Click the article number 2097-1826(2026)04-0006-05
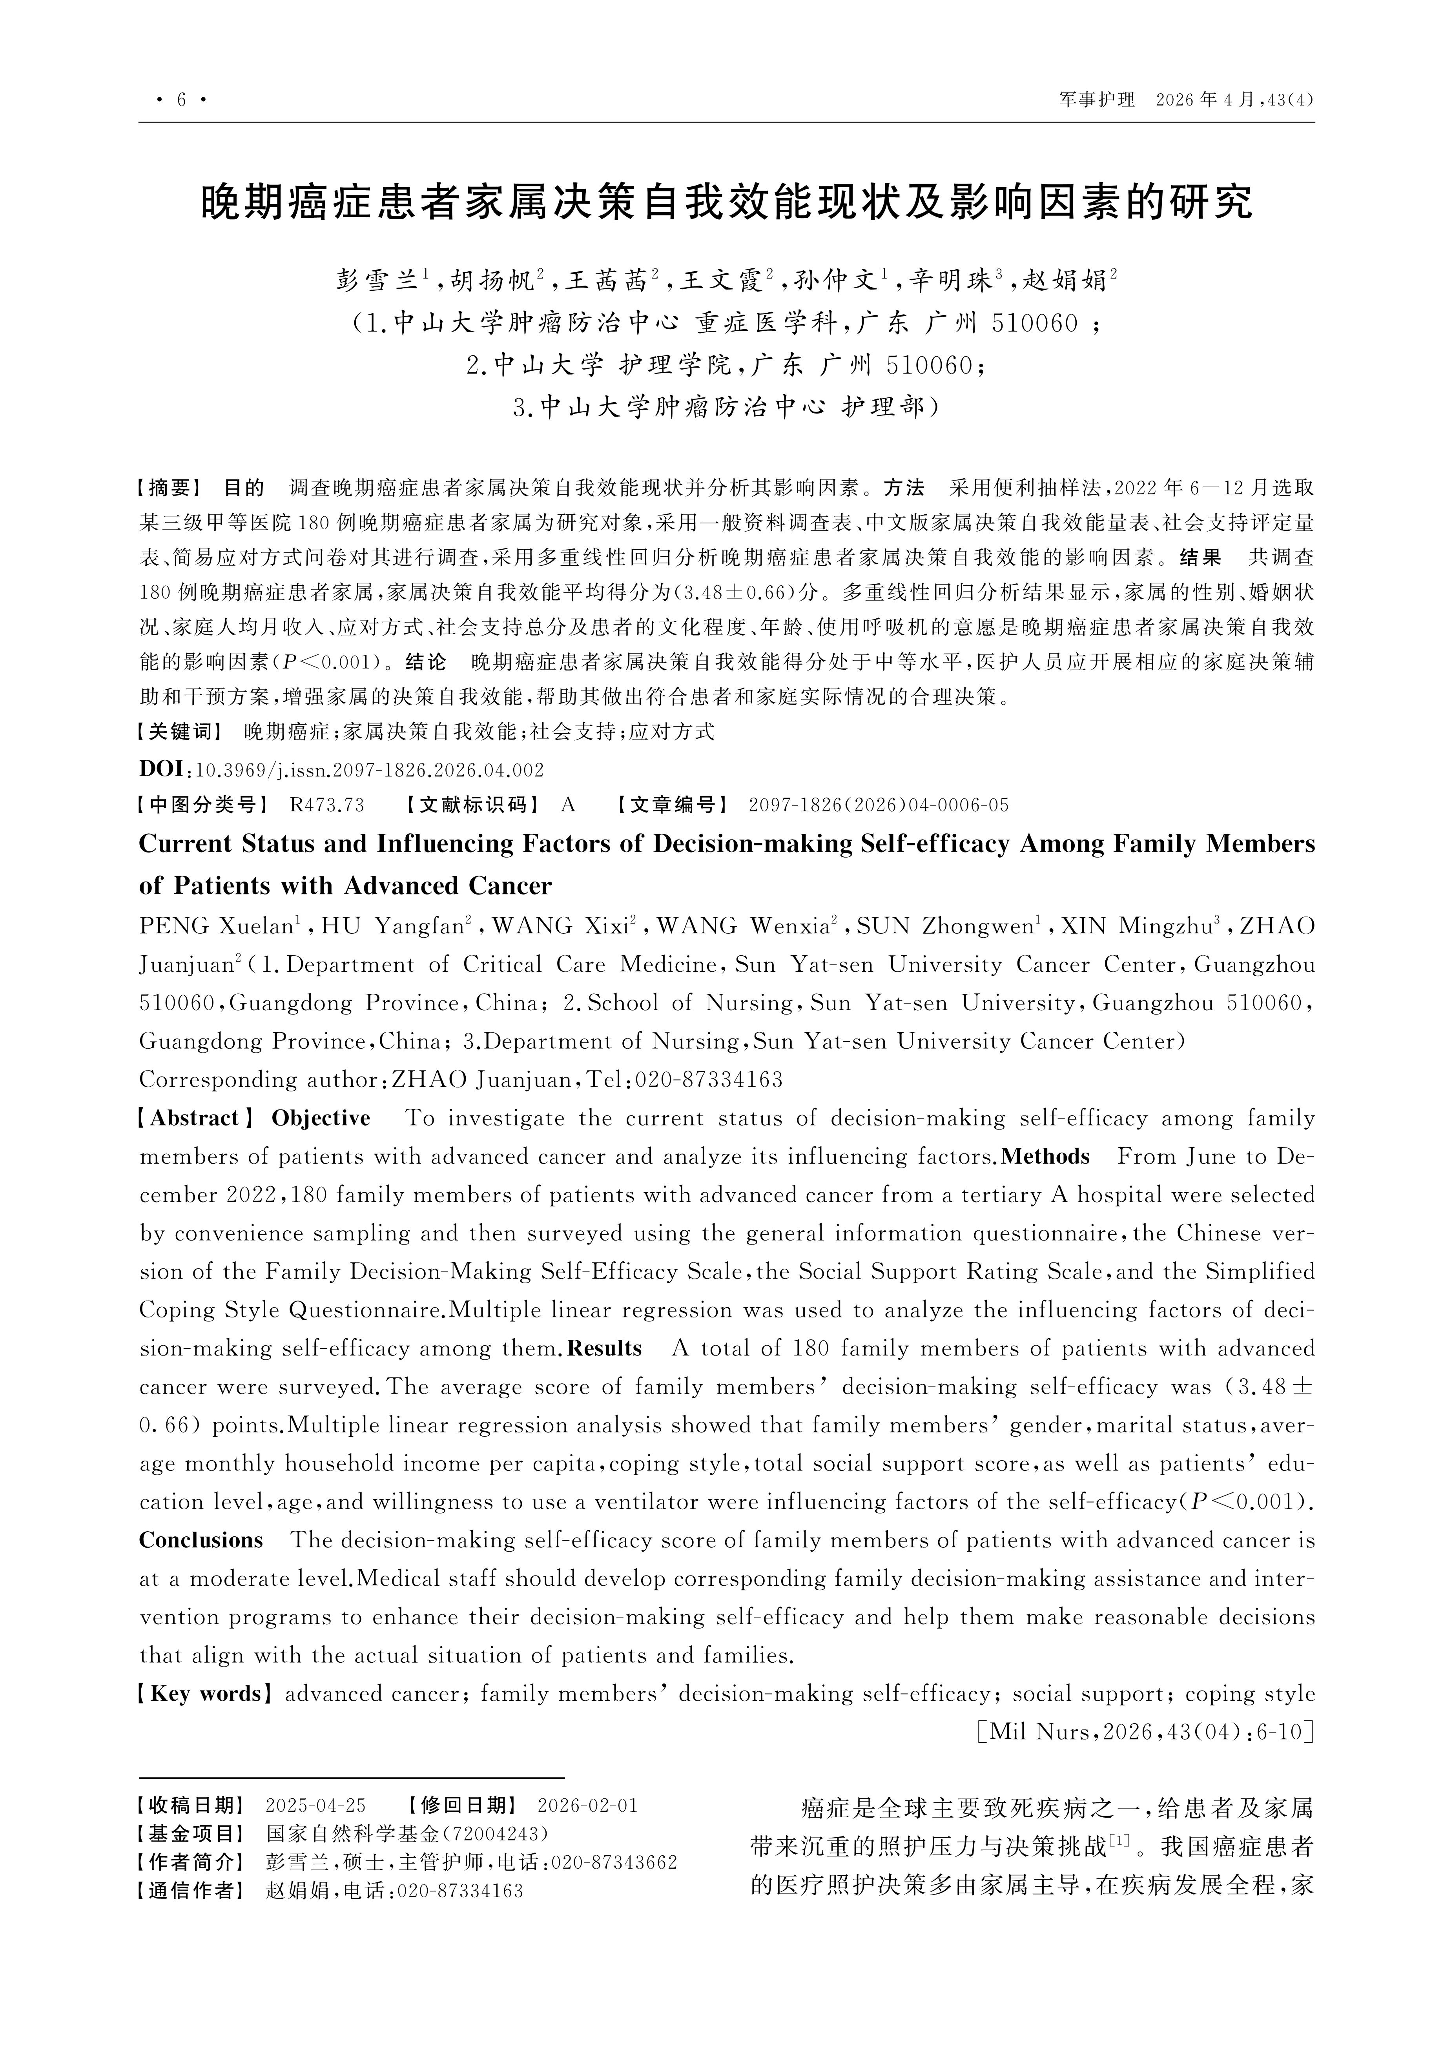tap(878, 805)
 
